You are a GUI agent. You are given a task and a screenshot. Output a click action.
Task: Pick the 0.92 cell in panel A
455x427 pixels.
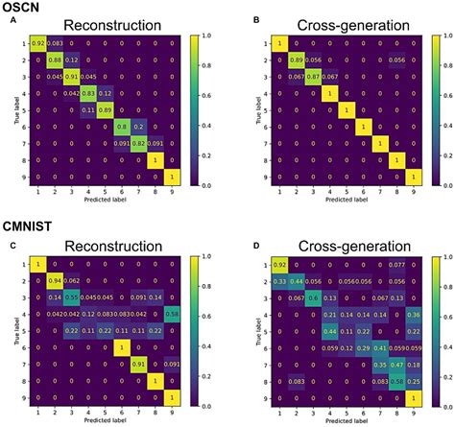[x=38, y=43]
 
